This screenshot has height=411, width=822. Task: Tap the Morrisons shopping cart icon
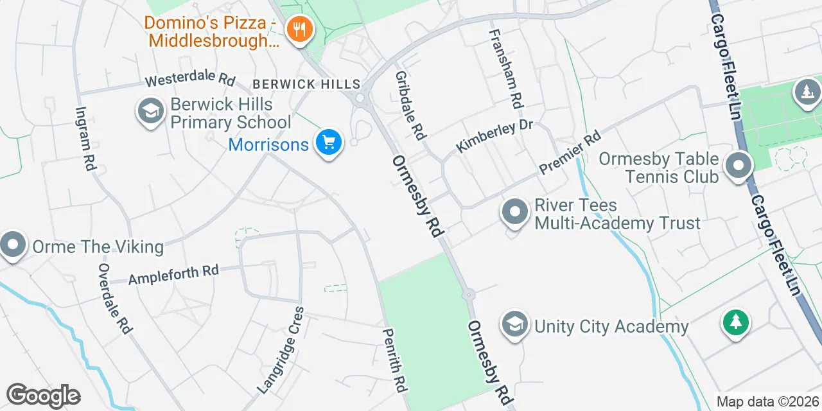click(x=329, y=143)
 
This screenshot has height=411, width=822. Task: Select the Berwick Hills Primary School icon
click(x=151, y=112)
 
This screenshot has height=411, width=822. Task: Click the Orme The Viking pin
click(x=13, y=245)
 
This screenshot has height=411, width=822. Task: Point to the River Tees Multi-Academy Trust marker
click(x=514, y=213)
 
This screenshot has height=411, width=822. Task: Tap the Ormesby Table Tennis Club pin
click(x=739, y=166)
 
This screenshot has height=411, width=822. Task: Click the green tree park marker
click(x=735, y=321)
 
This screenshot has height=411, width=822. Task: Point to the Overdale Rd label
click(x=115, y=298)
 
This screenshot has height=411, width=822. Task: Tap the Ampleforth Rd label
click(x=173, y=275)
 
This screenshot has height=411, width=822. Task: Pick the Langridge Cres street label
click(x=281, y=349)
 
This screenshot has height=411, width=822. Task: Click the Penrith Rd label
click(x=394, y=360)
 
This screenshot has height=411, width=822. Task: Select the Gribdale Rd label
click(x=410, y=106)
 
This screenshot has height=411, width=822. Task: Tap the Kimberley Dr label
click(x=494, y=136)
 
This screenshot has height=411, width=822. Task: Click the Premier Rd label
click(x=570, y=152)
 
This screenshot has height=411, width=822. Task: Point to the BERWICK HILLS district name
click(x=307, y=84)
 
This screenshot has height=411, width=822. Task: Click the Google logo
click(x=43, y=396)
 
